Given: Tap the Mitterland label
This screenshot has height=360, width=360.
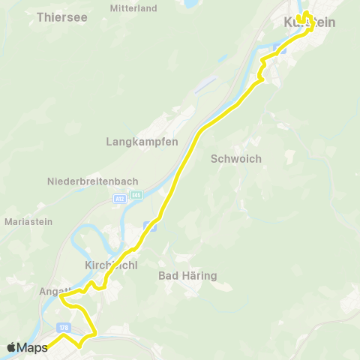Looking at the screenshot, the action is (133, 8).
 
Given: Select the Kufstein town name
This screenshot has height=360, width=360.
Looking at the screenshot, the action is (309, 23).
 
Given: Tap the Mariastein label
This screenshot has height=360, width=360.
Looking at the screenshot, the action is (28, 222).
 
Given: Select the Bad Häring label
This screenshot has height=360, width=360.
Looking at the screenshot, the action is (188, 276).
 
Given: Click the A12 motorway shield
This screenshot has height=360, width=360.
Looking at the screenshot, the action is (120, 199).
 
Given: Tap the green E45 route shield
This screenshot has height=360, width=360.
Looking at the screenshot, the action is (136, 195).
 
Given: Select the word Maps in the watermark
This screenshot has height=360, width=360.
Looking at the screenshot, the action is (34, 347).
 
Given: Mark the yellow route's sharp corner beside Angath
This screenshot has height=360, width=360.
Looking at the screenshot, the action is (61, 297).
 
